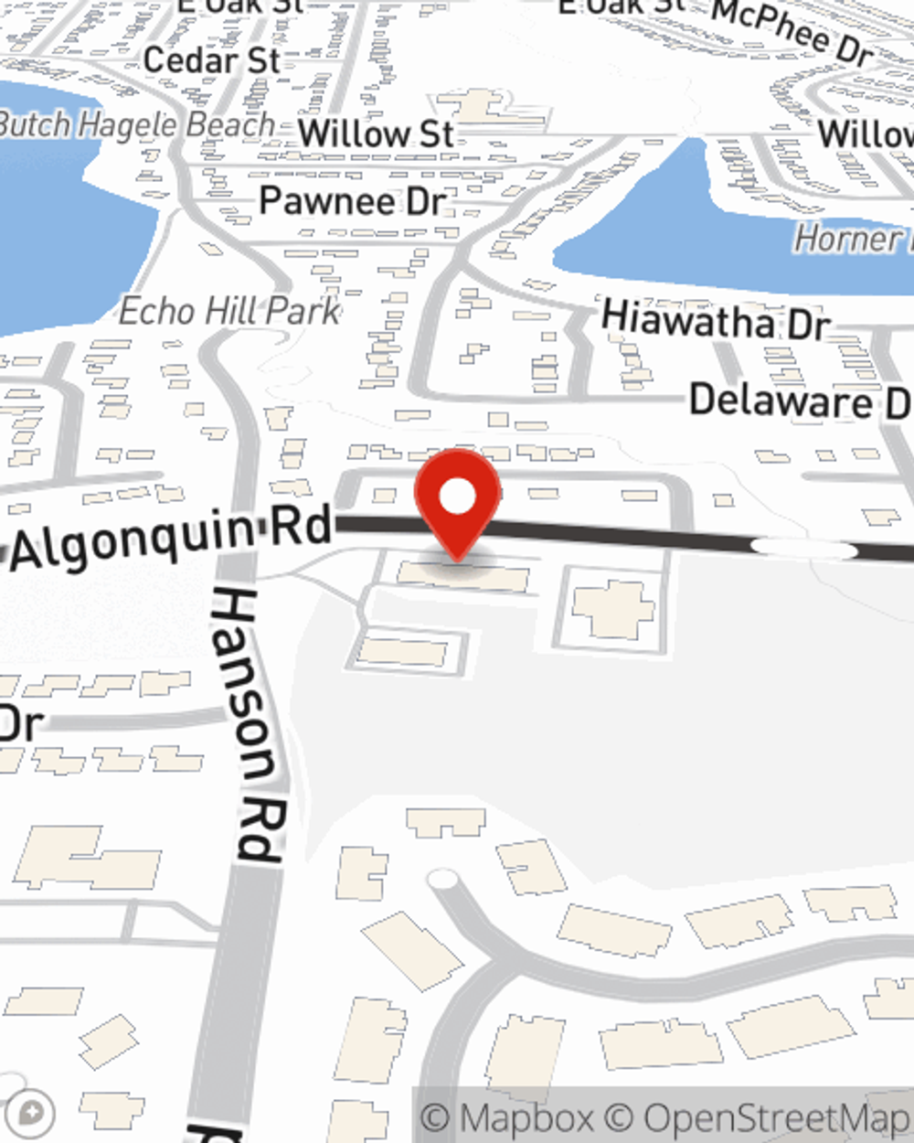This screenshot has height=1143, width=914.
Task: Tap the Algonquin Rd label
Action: click(x=171, y=538)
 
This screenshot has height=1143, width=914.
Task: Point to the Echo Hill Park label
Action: click(x=229, y=312)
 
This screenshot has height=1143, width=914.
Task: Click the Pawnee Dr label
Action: click(x=352, y=201)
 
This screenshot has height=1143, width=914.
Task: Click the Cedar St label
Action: click(x=212, y=61)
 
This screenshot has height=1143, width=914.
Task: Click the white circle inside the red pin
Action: click(x=458, y=497)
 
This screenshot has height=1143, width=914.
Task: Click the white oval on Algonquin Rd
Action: click(x=803, y=548)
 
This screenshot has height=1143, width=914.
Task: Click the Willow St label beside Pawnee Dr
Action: click(x=376, y=134)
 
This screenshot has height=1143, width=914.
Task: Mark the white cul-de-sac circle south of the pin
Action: click(x=442, y=880)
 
